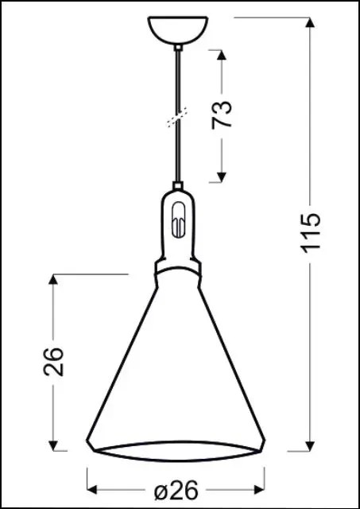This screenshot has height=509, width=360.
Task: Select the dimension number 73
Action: coord(225,115)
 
